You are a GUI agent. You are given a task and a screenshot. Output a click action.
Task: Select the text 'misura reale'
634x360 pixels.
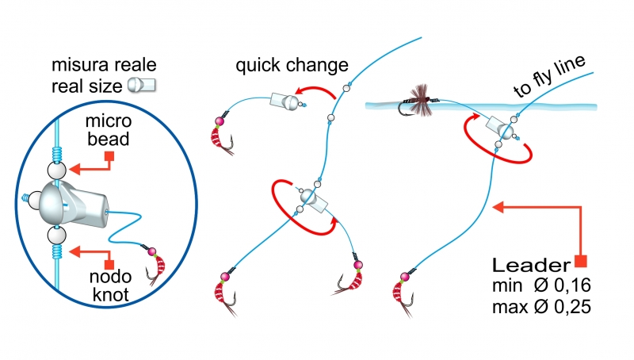coord(106,63)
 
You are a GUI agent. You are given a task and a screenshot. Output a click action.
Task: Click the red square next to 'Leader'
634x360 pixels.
coord(582,261)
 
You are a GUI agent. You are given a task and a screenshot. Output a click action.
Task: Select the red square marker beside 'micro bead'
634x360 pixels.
coord(111,156)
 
